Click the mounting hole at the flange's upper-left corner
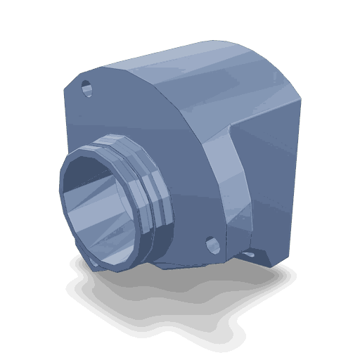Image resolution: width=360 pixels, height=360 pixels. [x=86, y=89]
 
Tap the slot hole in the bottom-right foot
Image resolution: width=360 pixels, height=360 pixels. [x=249, y=251]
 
